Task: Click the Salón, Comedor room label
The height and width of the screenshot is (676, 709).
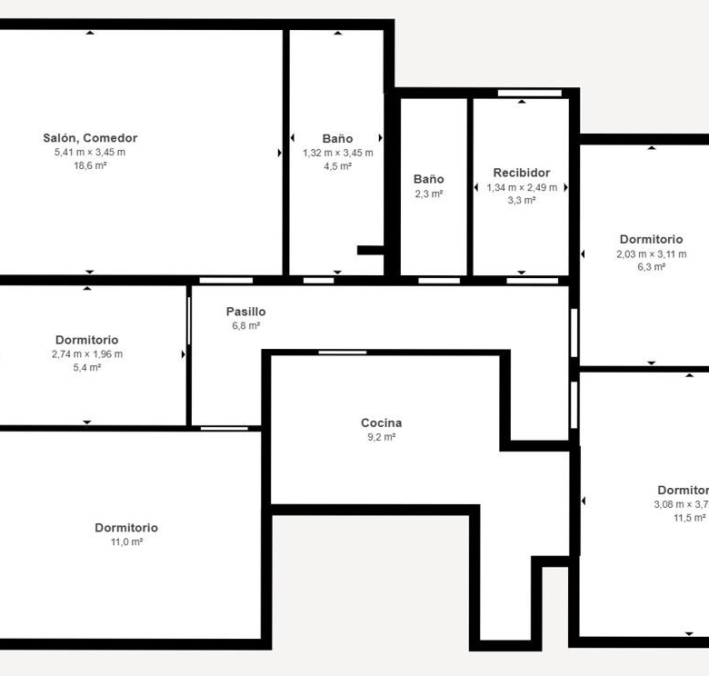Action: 90,138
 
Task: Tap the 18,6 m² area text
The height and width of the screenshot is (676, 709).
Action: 90,165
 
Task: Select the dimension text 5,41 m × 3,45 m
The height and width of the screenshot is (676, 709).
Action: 90,153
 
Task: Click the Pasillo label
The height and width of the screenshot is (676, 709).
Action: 245,312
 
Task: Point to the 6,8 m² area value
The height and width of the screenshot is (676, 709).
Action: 245,325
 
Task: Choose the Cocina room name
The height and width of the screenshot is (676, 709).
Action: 381,422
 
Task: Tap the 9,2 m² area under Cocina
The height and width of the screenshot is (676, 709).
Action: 381,437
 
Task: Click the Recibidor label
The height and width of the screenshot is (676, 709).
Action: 522,173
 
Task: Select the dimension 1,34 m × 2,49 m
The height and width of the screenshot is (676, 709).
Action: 522,187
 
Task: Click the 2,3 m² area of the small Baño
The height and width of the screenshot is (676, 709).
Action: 429,194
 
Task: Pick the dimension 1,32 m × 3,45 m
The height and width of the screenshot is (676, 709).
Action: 338,153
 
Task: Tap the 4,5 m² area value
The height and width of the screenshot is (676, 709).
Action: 338,166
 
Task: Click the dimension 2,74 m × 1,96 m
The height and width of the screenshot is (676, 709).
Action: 87,354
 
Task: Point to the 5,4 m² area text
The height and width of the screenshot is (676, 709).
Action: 87,367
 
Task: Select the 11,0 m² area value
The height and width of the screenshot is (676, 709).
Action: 126,542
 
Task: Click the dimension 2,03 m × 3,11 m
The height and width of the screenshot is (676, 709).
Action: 651,253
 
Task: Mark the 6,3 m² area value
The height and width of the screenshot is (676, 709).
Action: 651,266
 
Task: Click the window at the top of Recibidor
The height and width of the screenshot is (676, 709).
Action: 530,93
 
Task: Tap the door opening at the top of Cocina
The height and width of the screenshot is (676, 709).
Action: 343,353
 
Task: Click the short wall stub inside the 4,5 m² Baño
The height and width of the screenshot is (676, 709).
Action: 370,250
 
